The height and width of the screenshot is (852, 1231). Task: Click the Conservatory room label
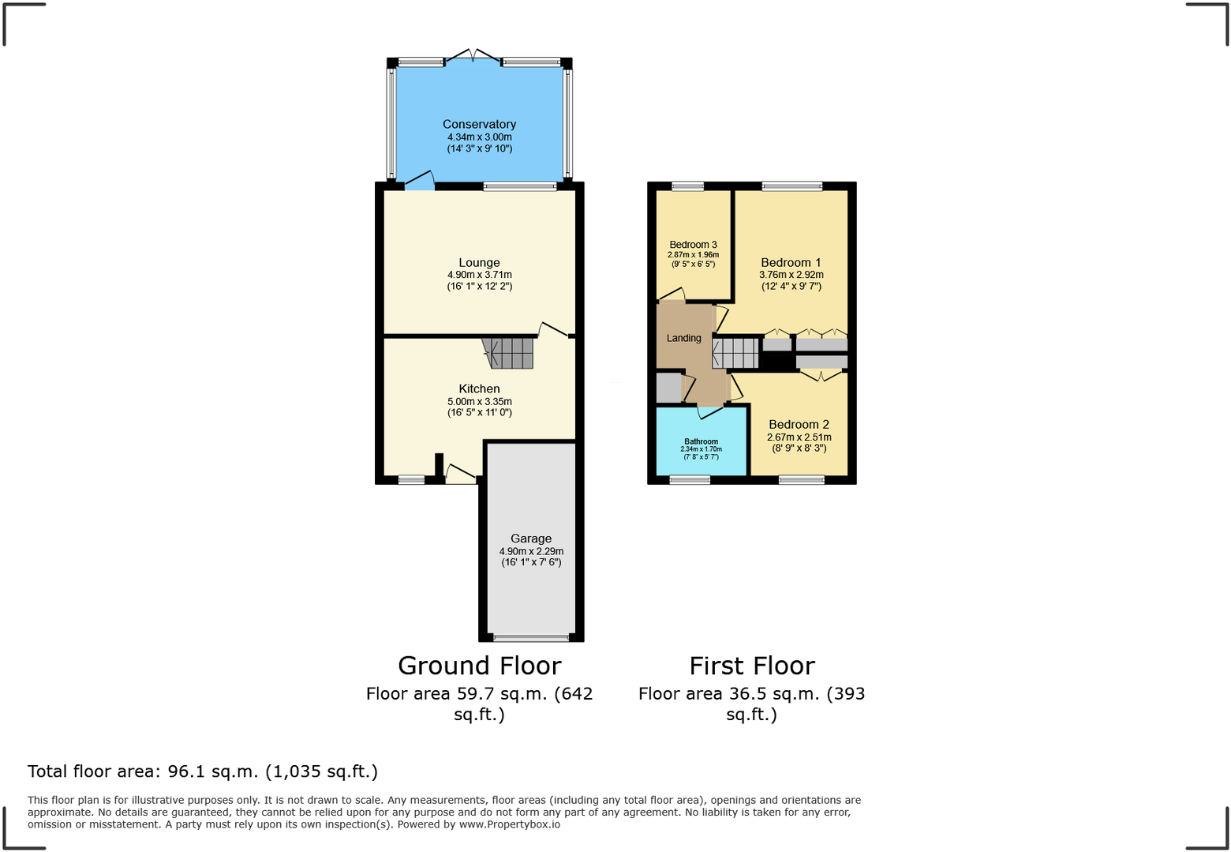[x=479, y=124]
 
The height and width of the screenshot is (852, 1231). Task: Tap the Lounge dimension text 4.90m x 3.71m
[x=479, y=275]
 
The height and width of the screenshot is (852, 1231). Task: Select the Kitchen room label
[x=479, y=388]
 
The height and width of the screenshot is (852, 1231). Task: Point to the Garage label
[x=530, y=539]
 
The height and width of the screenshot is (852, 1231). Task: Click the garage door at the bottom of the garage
[x=530, y=638]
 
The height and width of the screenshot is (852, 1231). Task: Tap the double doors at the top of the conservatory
[x=472, y=57]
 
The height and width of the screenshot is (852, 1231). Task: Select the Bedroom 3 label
[x=693, y=245]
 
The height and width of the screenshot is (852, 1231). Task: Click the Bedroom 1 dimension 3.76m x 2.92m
[x=791, y=275]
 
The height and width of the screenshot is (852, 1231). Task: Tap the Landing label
[x=683, y=338]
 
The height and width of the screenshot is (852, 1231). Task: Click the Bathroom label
[x=701, y=441]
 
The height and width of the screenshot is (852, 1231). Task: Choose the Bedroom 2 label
[x=799, y=424]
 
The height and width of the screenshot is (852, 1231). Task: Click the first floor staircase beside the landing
[x=735, y=353]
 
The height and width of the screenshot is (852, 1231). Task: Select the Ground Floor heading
[x=479, y=666]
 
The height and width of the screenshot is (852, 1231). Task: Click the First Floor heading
[x=751, y=666]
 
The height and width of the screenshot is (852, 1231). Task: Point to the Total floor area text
[x=203, y=771]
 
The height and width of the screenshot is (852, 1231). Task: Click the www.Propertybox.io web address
[x=509, y=824]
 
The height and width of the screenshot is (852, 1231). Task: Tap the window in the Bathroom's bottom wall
[x=690, y=479]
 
